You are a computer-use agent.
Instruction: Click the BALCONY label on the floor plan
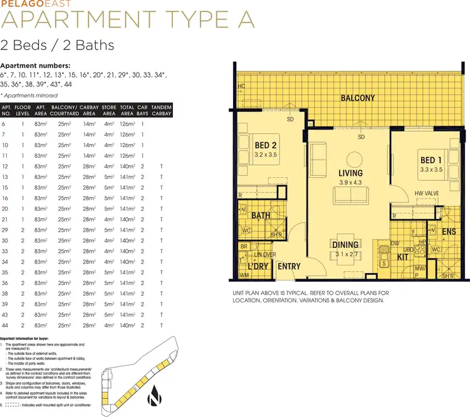[358, 98]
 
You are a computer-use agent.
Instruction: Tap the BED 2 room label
[266, 146]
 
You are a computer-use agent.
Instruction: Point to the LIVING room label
[350, 173]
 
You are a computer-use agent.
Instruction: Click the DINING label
[345, 245]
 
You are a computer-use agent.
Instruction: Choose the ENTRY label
[289, 267]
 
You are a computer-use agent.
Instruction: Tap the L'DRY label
[257, 267]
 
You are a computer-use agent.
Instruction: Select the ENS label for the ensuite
[449, 232]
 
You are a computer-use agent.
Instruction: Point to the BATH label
[261, 216]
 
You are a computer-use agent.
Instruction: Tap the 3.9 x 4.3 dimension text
[350, 182]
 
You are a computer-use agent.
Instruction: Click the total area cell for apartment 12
[127, 166]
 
